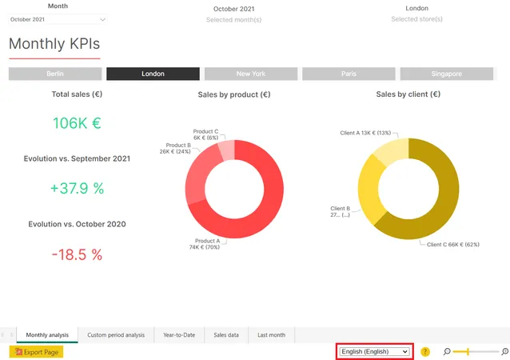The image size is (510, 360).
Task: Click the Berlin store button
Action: [x=55, y=74]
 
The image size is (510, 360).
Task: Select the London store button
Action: [x=153, y=74]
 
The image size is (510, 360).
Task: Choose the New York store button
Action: [x=251, y=74]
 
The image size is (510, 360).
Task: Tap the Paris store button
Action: [x=349, y=74]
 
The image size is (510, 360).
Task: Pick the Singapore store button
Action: [x=447, y=74]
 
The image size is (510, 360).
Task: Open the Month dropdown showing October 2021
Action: [x=58, y=19]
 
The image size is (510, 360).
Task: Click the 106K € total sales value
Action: [x=77, y=123]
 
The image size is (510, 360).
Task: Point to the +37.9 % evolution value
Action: [x=77, y=188]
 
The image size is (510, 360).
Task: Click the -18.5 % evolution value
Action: [x=77, y=254]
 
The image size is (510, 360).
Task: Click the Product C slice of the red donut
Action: [x=227, y=150]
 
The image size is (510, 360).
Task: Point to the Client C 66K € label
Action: [x=453, y=245]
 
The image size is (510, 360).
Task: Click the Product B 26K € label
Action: [x=175, y=149]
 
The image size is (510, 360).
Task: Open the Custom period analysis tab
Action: [x=116, y=335]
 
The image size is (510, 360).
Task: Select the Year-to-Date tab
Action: [x=179, y=335]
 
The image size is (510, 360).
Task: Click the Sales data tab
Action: [x=226, y=335]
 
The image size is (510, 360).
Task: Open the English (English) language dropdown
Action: [x=374, y=351]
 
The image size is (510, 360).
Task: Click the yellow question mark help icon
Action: [x=425, y=351]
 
